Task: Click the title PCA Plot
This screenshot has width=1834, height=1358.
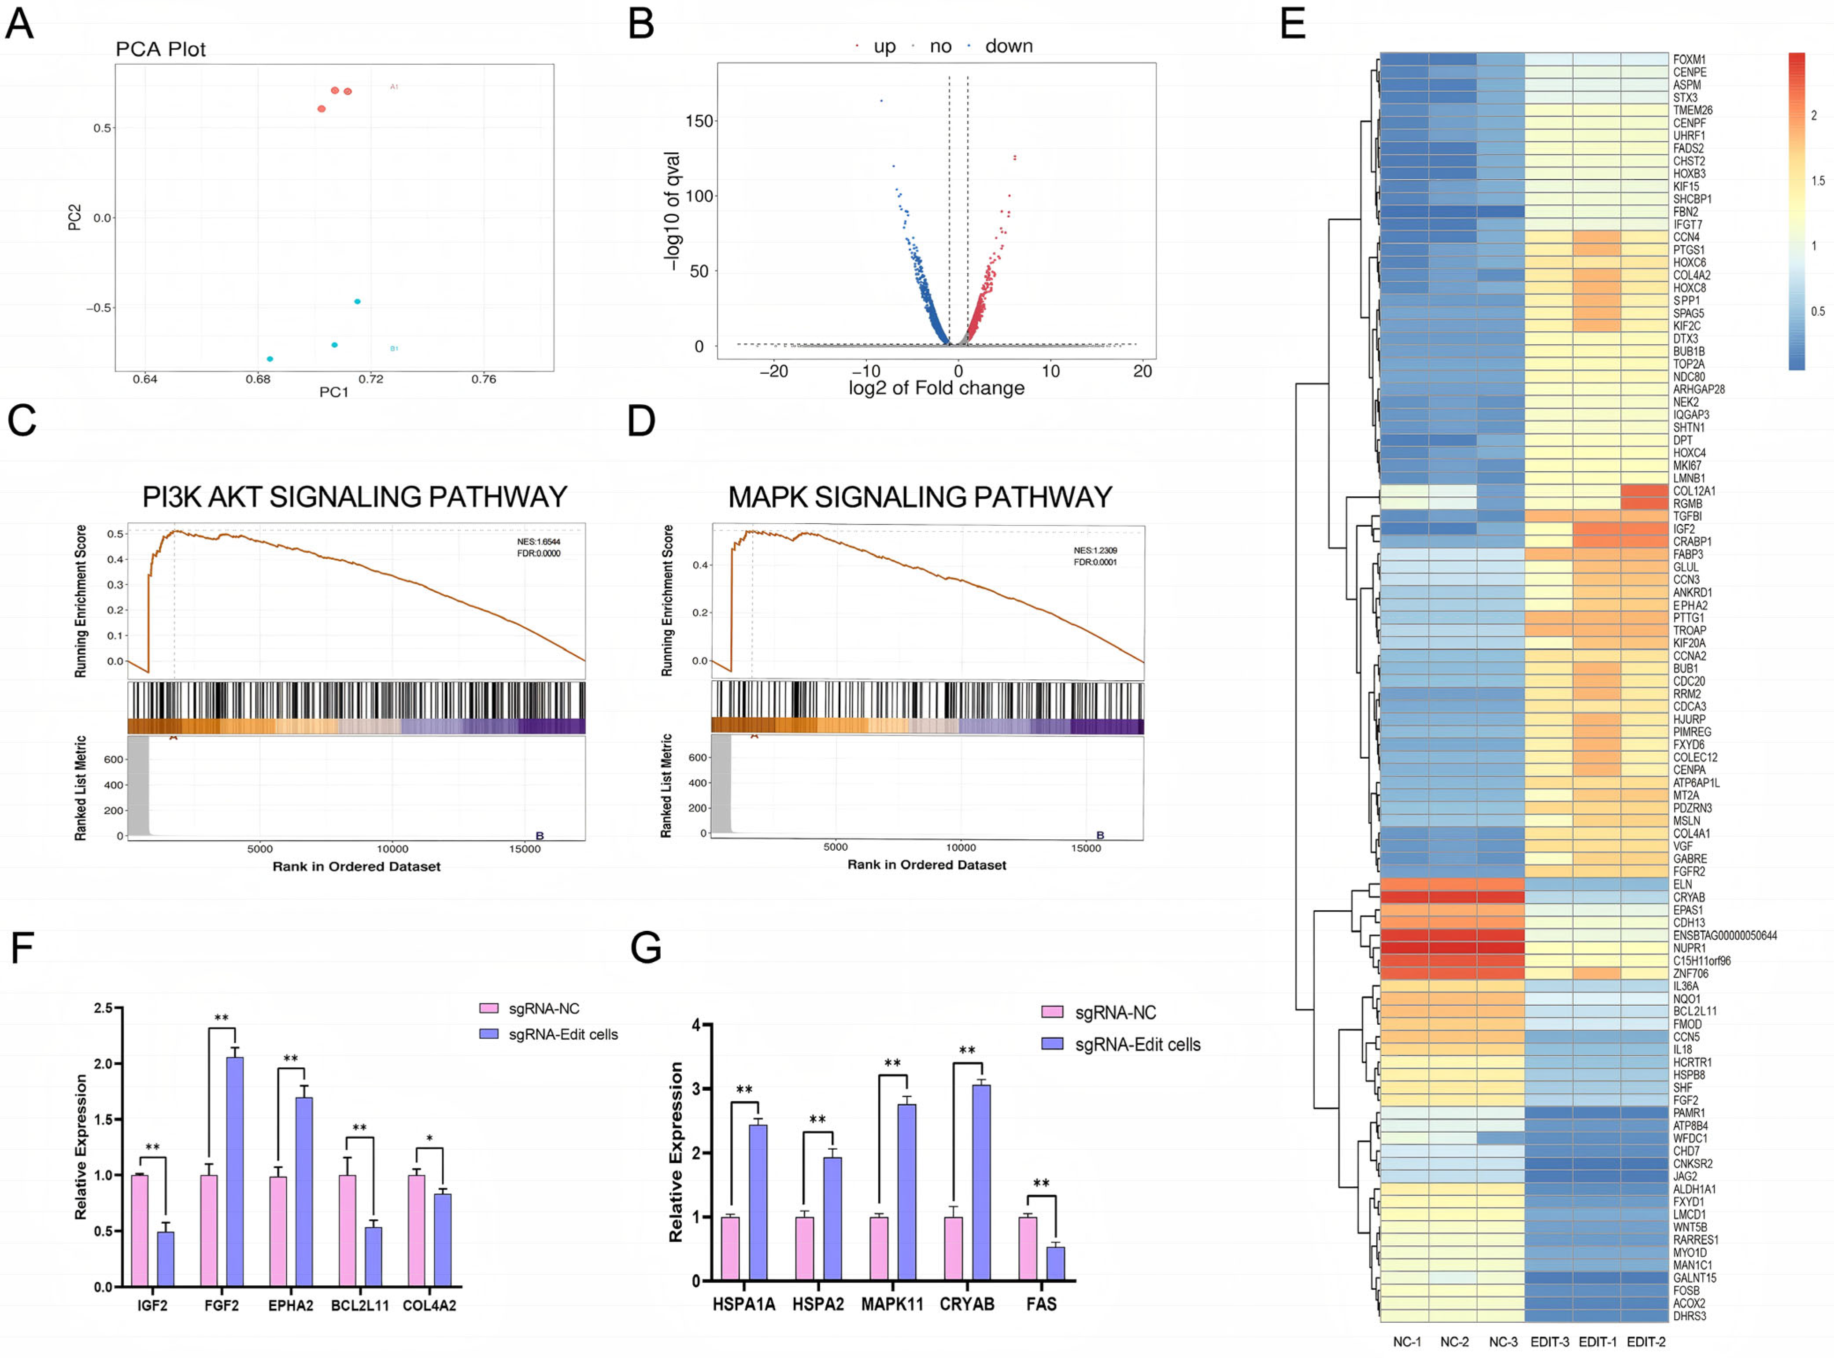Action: click(x=160, y=49)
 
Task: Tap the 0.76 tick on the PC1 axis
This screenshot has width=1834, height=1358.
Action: click(x=483, y=379)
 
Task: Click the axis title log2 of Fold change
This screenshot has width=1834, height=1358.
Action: click(x=936, y=388)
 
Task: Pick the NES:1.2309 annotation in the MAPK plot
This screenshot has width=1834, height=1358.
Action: click(x=1095, y=550)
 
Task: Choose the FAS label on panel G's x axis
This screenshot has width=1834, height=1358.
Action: click(x=1041, y=1304)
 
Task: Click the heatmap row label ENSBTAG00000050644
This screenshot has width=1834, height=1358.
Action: click(x=1725, y=935)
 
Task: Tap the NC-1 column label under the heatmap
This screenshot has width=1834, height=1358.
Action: click(x=1406, y=1342)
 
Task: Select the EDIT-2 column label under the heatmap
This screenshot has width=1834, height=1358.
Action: click(x=1646, y=1342)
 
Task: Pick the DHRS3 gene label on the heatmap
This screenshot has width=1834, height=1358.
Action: click(x=1689, y=1316)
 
